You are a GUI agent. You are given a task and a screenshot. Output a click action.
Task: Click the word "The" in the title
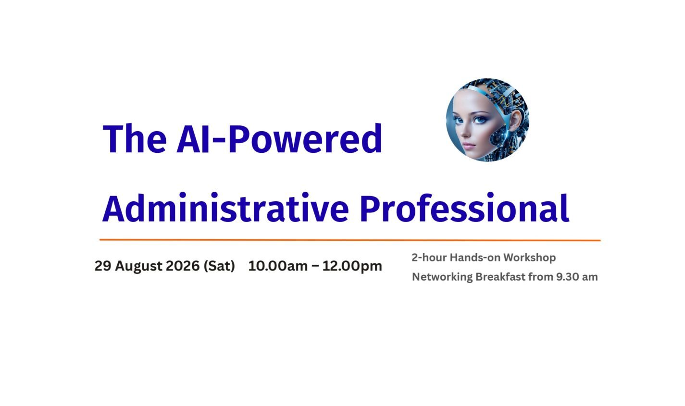click(x=135, y=138)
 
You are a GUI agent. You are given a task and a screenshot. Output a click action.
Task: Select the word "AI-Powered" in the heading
click(x=279, y=138)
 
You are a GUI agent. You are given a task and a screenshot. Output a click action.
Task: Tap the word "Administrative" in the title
click(x=225, y=207)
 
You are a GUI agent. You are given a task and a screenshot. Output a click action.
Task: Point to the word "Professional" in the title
click(x=464, y=207)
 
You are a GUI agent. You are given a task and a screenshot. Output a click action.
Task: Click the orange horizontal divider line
click(x=350, y=240)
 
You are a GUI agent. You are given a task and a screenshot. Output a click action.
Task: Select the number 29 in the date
click(x=102, y=266)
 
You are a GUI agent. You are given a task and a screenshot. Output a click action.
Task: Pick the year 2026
click(x=183, y=266)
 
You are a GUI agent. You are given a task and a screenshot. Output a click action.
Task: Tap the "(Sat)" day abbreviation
click(x=219, y=266)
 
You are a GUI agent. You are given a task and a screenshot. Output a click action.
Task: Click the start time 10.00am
click(x=278, y=266)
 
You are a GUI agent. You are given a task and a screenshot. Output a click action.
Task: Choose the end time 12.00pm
click(x=352, y=266)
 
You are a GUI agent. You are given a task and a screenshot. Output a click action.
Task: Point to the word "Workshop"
click(x=530, y=258)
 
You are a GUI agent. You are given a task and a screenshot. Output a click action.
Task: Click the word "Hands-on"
click(x=475, y=258)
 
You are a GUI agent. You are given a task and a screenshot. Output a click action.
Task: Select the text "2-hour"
click(x=429, y=258)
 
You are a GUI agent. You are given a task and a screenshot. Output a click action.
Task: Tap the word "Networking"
click(x=442, y=277)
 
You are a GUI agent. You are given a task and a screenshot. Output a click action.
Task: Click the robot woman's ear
click(x=515, y=120)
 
